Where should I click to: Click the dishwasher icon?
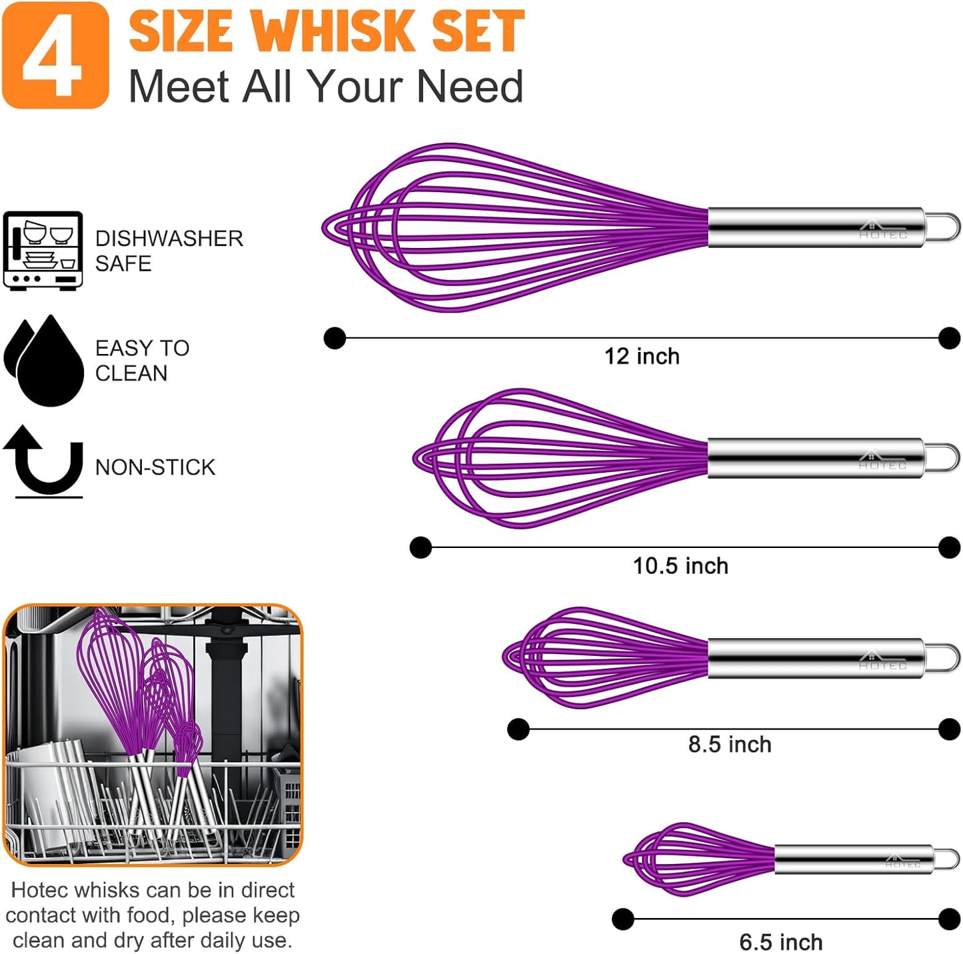pos(43,251)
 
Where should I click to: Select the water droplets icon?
pos(44,361)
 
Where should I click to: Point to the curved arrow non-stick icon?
pos(45,461)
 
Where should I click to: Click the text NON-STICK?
pos(155,467)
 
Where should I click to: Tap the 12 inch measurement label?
pos(641,357)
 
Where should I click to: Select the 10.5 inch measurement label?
pos(680,566)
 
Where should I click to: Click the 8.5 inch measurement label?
pos(729,745)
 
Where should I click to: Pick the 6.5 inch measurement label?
pos(780,942)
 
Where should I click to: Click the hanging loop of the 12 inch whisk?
pos(943,227)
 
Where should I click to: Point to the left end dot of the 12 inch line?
pos(335,338)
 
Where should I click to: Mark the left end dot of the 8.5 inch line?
pos(518,729)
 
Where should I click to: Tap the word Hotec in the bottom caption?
pos(41,890)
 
